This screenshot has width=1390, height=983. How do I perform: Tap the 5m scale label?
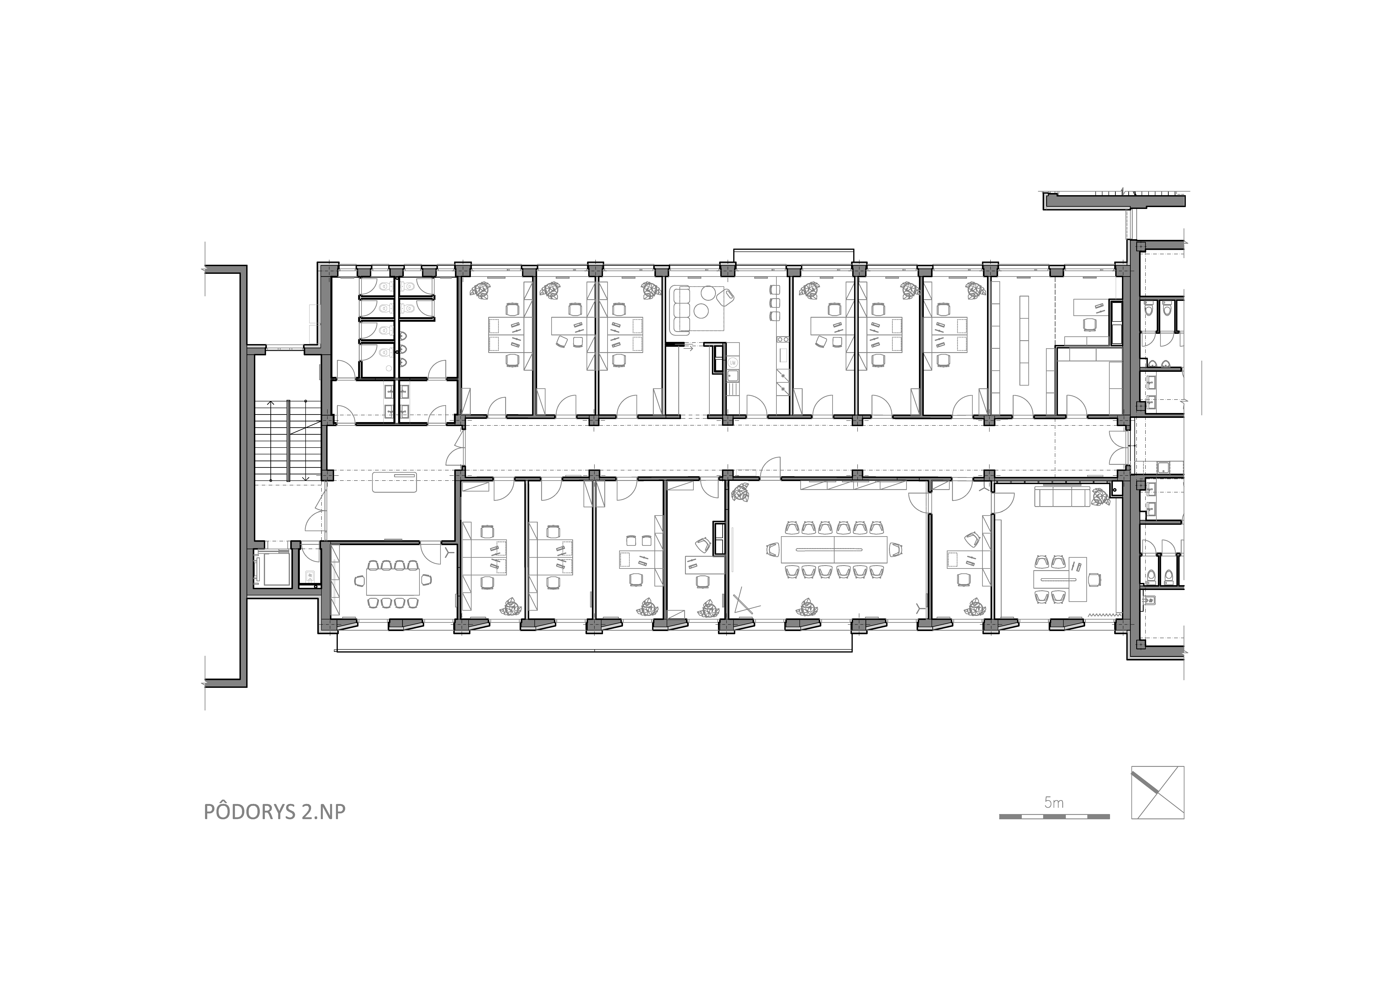click(x=1053, y=803)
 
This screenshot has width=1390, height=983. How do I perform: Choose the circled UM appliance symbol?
click(x=733, y=362)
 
